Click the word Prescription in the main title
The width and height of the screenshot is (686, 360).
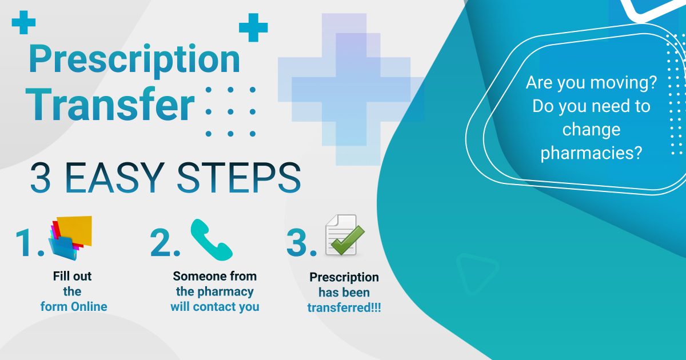pyautogui.click(x=134, y=60)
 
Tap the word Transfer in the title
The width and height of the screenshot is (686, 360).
pyautogui.click(x=110, y=105)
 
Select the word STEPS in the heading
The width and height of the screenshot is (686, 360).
pyautogui.click(x=239, y=178)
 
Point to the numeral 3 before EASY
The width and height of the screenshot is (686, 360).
pyautogui.click(x=41, y=178)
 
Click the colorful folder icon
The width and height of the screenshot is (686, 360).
pyautogui.click(x=70, y=238)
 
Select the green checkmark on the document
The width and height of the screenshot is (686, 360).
pyautogui.click(x=348, y=240)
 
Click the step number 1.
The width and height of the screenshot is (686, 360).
pyautogui.click(x=30, y=242)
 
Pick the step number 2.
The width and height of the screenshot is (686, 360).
pyautogui.click(x=165, y=242)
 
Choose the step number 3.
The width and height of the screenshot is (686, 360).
pyautogui.click(x=301, y=242)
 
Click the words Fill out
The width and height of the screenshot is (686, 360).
pyautogui.click(x=72, y=276)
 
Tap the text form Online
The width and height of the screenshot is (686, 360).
pyautogui.click(x=74, y=306)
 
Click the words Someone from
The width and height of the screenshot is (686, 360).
pyautogui.click(x=215, y=276)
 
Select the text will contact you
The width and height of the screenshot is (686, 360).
pyautogui.click(x=215, y=307)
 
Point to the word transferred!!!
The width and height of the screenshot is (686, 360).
pyautogui.click(x=344, y=307)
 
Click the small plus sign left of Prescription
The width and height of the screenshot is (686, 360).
pyautogui.click(x=23, y=22)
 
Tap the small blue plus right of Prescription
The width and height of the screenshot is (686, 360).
pyautogui.click(x=253, y=27)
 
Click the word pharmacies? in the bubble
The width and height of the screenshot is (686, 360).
pyautogui.click(x=591, y=153)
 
